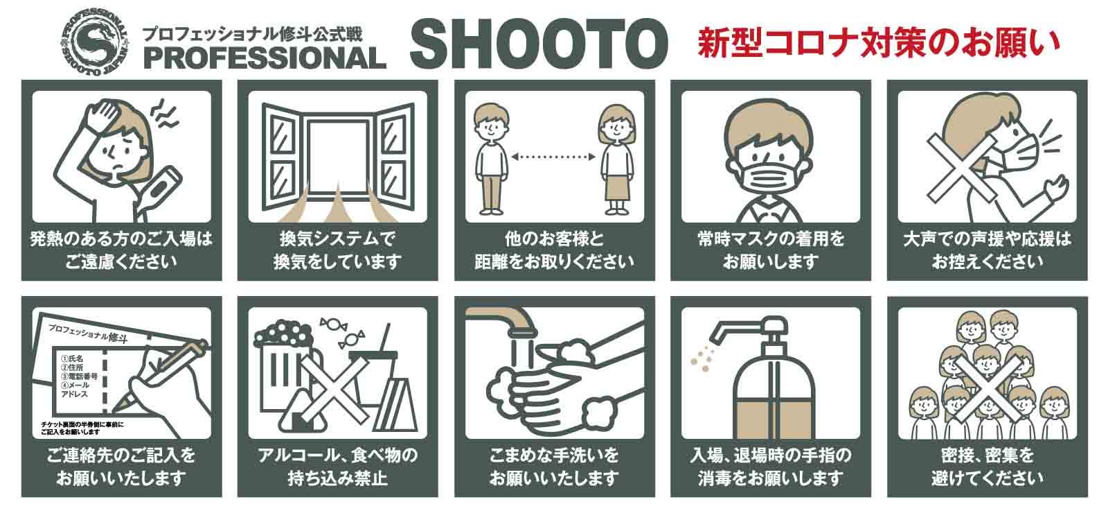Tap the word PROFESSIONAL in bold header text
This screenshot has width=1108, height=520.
point(265,58)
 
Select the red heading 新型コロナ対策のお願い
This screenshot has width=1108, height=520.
point(878,43)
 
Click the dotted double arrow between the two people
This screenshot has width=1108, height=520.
point(553,157)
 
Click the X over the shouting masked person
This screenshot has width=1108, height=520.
point(960,169)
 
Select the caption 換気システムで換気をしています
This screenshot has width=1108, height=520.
point(337,250)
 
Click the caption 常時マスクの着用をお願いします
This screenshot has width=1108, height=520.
point(771,250)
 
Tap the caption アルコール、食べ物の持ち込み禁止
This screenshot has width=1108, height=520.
point(337,467)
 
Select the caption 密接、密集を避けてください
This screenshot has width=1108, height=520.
point(988,467)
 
